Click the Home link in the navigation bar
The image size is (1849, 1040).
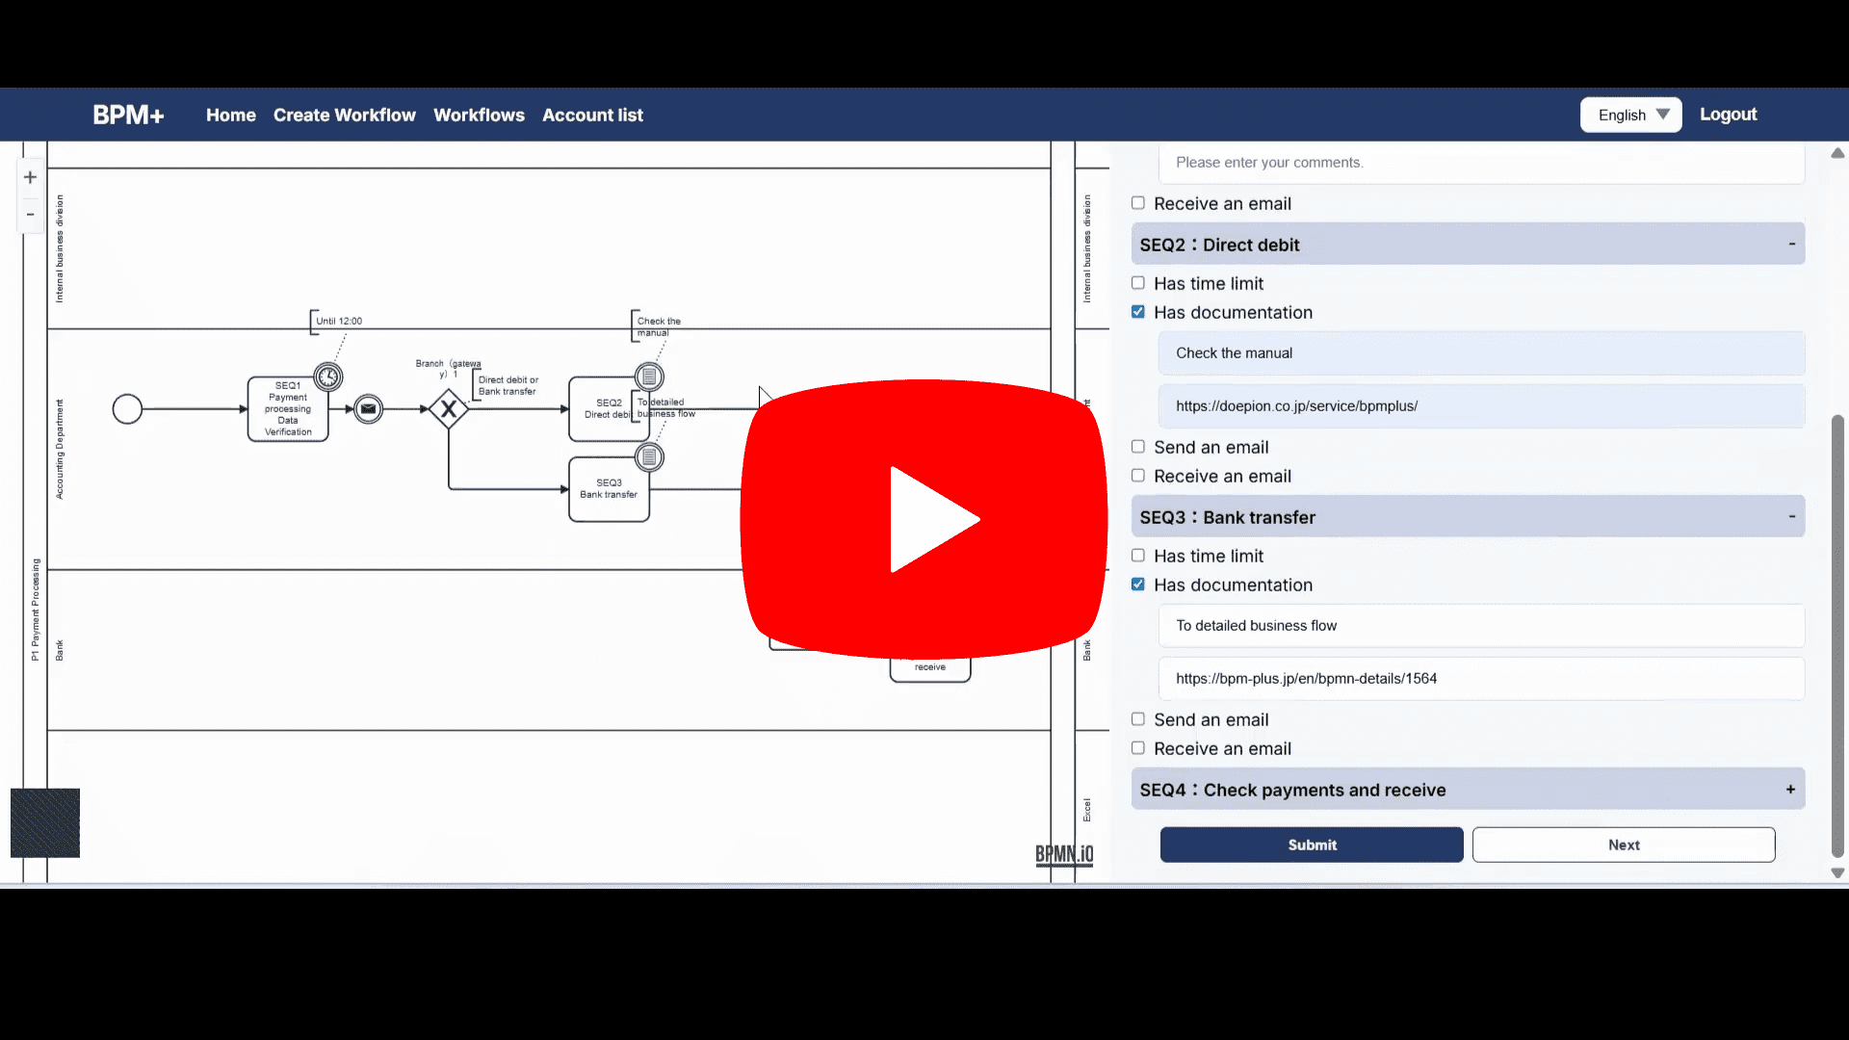tap(230, 116)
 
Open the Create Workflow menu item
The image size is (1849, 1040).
tap(344, 116)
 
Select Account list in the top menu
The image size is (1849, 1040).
tap(592, 116)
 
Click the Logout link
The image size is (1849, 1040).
tap(1728, 115)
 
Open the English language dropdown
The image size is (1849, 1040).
tap(1631, 116)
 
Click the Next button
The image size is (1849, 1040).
tap(1623, 845)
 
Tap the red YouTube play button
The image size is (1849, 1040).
tap(924, 519)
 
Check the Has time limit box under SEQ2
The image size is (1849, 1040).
tap(1138, 283)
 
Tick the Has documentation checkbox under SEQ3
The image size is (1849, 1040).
tap(1138, 585)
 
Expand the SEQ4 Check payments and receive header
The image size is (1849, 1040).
tap(1468, 790)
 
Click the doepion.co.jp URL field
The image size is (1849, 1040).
tap(1481, 406)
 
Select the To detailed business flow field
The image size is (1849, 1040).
tap(1481, 626)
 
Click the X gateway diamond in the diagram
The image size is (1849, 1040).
tap(449, 409)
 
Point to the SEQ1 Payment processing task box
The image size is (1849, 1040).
tap(287, 409)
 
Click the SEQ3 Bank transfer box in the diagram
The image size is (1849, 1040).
tap(609, 489)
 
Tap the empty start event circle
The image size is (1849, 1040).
tap(127, 409)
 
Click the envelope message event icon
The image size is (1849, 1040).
tap(368, 409)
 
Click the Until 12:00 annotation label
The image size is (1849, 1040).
tap(339, 322)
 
